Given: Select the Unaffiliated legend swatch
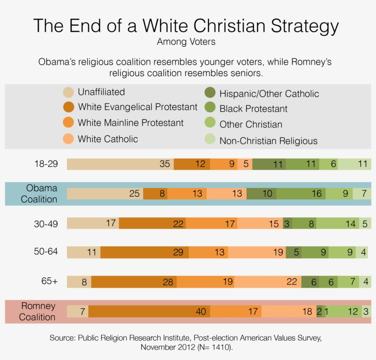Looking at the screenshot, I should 68,92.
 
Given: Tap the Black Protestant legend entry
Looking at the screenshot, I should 253,109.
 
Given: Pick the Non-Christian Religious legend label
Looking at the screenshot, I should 268,141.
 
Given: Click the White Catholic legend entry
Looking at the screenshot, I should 108,138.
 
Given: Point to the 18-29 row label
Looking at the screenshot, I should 46,163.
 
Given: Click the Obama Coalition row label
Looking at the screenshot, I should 42,194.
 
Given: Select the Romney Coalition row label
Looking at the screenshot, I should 38,311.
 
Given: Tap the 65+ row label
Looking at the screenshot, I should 49,281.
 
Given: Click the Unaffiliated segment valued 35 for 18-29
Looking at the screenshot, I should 120,164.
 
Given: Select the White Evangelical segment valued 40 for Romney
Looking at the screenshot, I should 149,311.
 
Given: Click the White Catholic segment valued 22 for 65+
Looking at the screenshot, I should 268,282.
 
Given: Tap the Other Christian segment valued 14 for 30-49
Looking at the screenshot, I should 339,223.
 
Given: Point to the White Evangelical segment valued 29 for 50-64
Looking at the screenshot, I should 144,252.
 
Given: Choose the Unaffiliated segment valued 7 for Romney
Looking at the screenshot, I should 77,311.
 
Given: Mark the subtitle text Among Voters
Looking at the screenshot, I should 186,42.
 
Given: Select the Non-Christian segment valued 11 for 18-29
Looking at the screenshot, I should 354,164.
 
